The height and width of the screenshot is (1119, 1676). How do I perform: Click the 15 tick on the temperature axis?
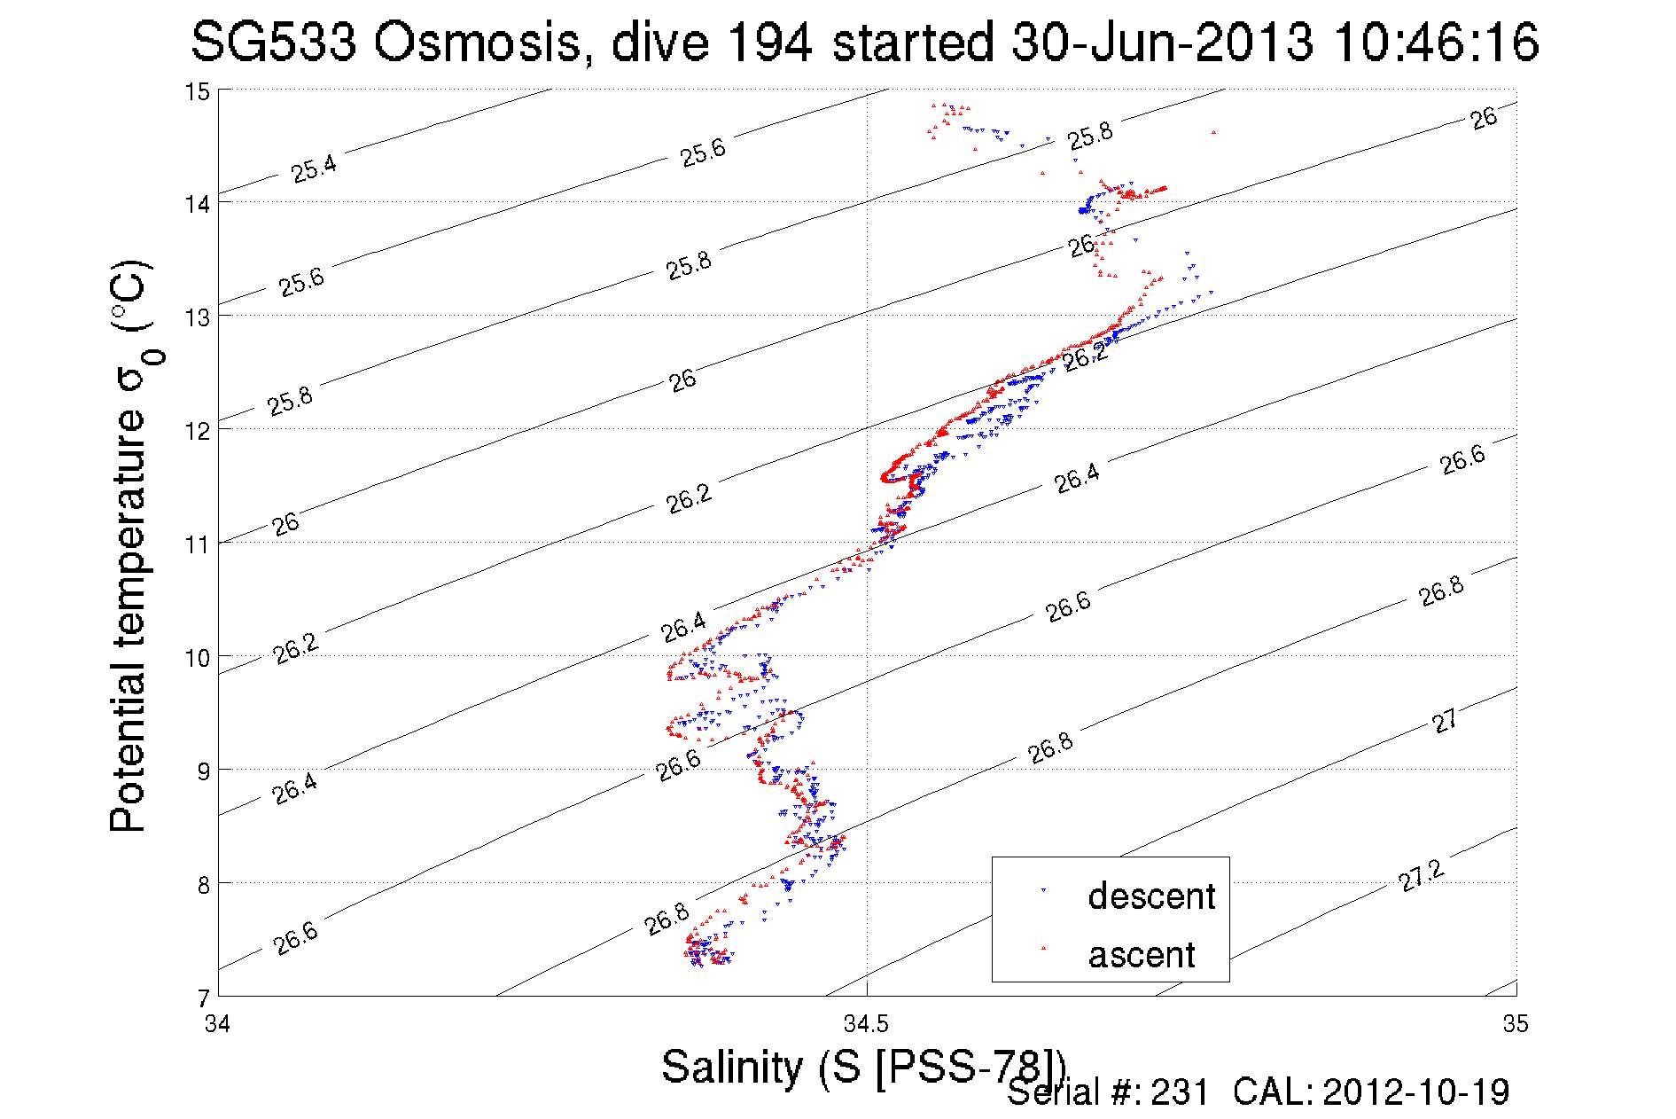197,91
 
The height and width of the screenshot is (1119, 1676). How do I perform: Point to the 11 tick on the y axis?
197,544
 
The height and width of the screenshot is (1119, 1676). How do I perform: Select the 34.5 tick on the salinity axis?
865,1024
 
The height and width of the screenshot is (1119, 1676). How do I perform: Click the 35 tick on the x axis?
1515,1024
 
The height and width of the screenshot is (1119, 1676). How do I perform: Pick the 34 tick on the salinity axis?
217,1024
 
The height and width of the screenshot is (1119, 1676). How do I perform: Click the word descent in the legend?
1150,896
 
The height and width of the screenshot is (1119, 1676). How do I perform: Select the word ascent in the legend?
1142,955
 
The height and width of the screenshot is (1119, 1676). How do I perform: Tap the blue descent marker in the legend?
1043,890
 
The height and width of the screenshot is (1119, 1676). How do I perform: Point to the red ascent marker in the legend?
1043,948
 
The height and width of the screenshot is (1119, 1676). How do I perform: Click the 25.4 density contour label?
314,168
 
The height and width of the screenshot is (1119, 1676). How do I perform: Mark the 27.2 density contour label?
1421,876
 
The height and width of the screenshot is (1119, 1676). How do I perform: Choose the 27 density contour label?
1445,721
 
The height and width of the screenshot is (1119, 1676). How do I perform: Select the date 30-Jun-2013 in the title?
1162,42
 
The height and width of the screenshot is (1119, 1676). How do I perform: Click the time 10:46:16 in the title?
1436,42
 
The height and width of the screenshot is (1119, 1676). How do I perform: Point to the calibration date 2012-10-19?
1415,1092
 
